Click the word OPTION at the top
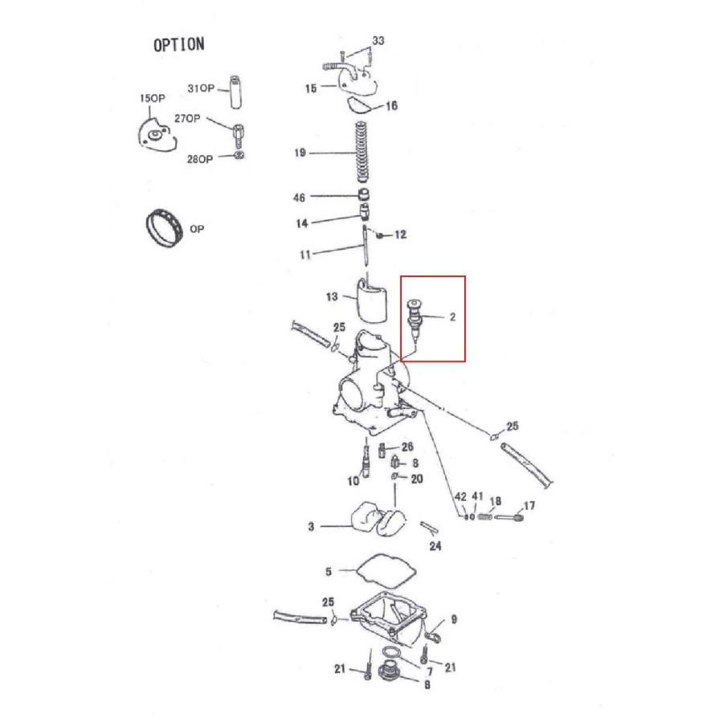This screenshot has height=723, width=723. (x=178, y=45)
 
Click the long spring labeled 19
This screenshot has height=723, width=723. (x=361, y=152)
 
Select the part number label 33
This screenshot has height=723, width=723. (x=378, y=40)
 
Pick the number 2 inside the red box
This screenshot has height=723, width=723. (x=452, y=317)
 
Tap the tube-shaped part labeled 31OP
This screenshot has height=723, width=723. (x=236, y=92)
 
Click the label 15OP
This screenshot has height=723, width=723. (x=152, y=98)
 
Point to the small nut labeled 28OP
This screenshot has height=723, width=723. (x=239, y=155)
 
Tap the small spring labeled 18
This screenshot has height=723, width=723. (x=485, y=518)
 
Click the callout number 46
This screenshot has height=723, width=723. (x=299, y=198)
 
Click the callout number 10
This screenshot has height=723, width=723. (x=353, y=481)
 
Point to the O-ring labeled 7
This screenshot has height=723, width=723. (x=389, y=654)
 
